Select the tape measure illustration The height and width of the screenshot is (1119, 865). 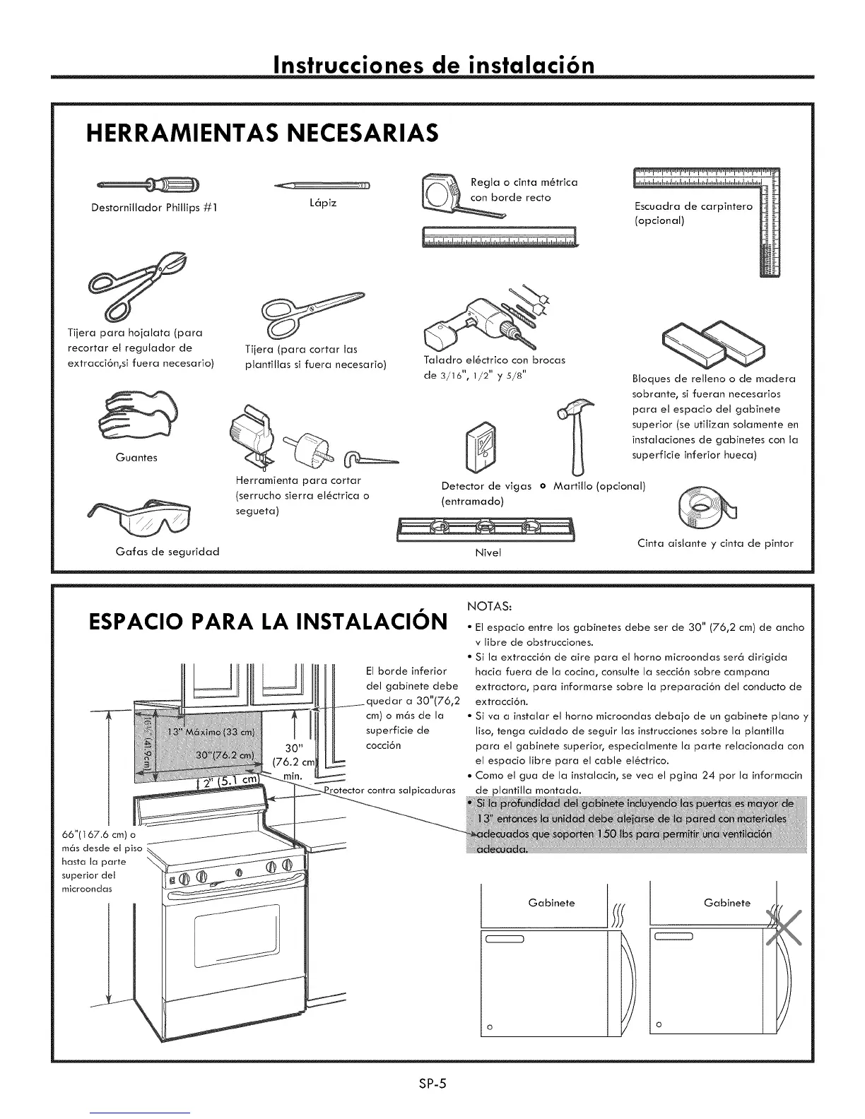442,191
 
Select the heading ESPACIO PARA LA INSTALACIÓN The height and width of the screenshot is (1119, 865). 268,622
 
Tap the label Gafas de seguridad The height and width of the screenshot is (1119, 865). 167,551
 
